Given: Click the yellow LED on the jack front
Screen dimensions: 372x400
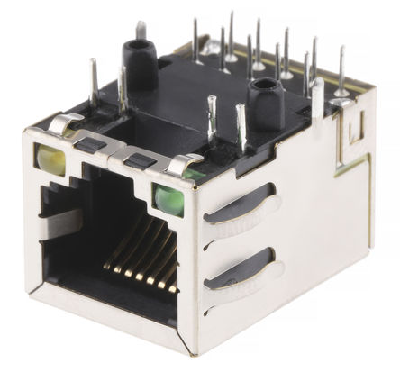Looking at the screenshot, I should tap(51, 160).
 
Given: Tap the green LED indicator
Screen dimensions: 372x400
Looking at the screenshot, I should tap(168, 198).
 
